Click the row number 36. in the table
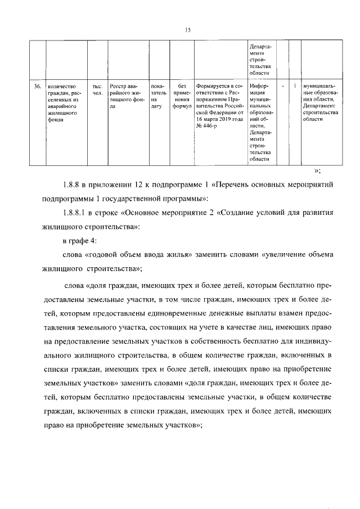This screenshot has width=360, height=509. tap(37, 86)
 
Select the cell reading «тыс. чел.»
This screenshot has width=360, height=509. tap(96, 89)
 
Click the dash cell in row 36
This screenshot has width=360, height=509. tap(282, 85)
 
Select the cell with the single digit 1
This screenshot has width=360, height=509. tap(295, 85)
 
